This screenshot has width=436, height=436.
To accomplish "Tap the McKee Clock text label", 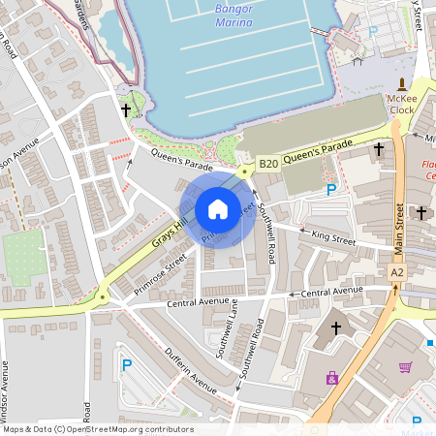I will (401, 104).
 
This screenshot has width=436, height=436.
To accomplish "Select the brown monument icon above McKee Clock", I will (401, 83).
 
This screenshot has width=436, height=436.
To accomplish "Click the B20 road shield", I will (268, 164).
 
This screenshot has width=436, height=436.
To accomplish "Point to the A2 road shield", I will (397, 273).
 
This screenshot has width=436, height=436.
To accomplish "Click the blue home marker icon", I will (218, 209).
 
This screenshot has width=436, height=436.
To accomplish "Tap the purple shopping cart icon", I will (405, 367).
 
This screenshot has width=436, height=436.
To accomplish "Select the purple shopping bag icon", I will (332, 378).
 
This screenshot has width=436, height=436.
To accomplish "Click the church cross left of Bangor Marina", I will (126, 111).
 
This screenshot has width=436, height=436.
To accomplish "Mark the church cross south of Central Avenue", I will (336, 328).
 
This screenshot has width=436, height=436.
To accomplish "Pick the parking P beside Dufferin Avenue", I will (126, 365).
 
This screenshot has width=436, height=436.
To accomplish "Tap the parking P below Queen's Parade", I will (331, 191).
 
